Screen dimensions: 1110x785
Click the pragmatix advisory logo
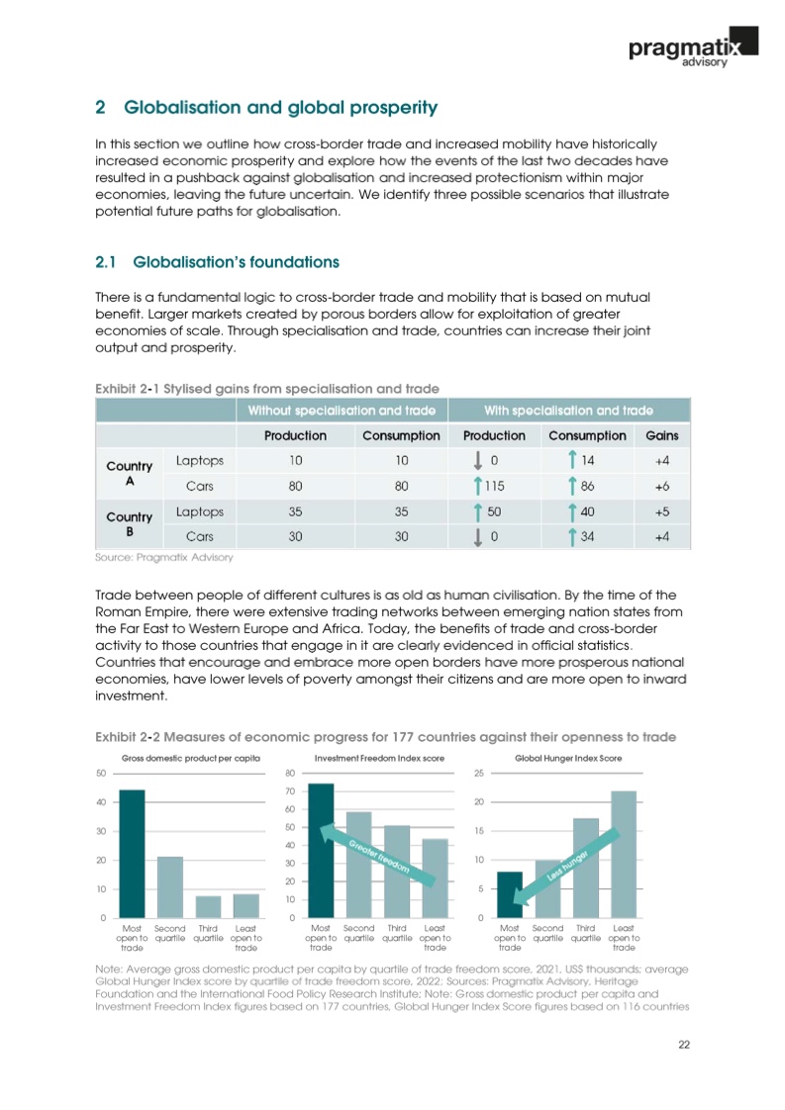692,47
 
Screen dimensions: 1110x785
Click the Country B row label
129,524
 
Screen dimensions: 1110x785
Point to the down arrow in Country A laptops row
479,460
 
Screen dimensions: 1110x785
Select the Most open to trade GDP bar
132,853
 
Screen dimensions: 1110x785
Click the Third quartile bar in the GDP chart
208,906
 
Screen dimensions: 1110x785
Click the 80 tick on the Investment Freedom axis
290,772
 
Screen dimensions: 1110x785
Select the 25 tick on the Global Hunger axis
479,772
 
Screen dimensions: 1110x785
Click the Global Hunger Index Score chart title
568,757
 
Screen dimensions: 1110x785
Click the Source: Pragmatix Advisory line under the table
163,558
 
